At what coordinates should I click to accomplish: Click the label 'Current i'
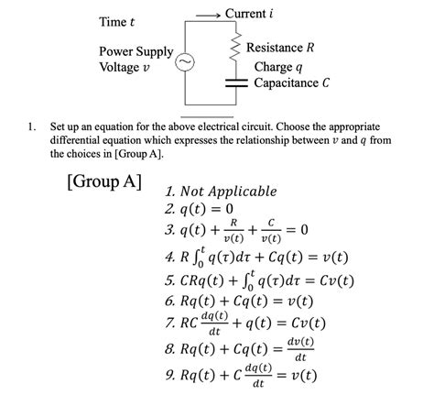click(249, 14)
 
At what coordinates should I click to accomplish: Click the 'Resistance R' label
click(287, 47)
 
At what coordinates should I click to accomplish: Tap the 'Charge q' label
click(277, 67)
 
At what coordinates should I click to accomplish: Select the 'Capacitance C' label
click(292, 83)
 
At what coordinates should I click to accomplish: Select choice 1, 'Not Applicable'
click(221, 192)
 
